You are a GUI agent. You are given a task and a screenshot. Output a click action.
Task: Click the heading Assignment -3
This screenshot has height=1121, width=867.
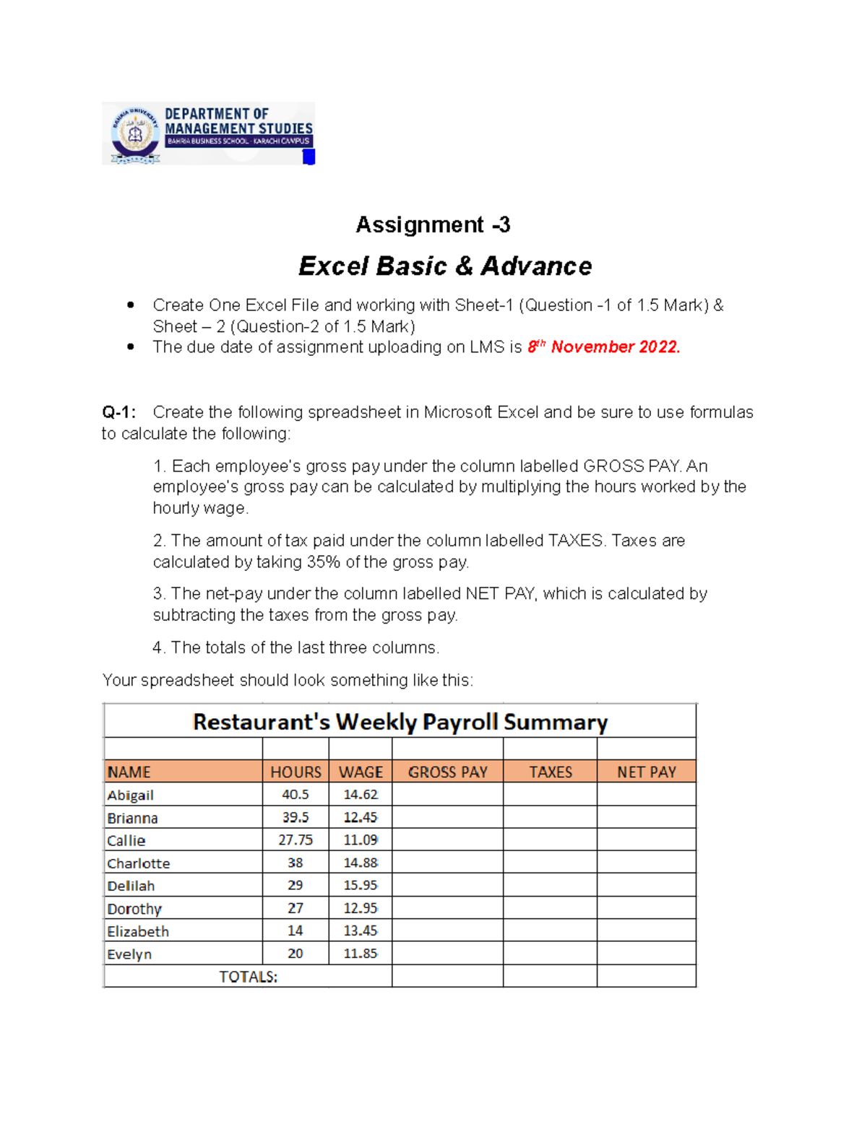(x=433, y=225)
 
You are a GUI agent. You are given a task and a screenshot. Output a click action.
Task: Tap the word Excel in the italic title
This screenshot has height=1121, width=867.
(x=335, y=266)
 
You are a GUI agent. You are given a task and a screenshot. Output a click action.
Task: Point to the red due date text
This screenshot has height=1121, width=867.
(x=603, y=347)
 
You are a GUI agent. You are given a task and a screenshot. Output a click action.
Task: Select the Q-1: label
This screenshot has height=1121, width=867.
(x=118, y=412)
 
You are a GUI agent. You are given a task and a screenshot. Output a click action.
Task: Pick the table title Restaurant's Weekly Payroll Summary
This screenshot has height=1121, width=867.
(x=400, y=722)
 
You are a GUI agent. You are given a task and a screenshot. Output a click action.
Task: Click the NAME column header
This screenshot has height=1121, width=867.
(x=129, y=772)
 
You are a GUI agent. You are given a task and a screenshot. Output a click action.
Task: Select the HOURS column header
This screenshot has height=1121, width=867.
(x=296, y=772)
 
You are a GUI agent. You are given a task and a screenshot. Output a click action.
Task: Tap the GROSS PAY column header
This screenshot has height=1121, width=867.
(x=447, y=772)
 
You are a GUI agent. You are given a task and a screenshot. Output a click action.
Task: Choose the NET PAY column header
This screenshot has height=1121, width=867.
(x=646, y=772)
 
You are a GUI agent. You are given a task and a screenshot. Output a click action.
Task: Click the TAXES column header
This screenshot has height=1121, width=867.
(x=551, y=772)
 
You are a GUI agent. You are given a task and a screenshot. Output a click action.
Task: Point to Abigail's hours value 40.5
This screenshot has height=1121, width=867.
(x=296, y=795)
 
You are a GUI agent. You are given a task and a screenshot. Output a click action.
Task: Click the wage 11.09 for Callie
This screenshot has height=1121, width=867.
(x=361, y=840)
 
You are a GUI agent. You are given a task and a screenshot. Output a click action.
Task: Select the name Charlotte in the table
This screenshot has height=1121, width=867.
(x=139, y=863)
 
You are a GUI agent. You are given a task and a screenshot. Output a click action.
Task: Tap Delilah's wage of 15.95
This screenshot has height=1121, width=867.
(x=361, y=886)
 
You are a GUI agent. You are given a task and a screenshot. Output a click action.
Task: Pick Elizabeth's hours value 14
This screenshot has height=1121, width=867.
(x=296, y=931)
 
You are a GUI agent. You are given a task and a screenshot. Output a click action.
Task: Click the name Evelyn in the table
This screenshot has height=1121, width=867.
(x=129, y=954)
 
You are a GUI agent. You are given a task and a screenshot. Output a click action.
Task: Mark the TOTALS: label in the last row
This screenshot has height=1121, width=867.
(x=249, y=977)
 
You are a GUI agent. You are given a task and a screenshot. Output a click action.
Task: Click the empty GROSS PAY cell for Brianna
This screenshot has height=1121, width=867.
(x=447, y=818)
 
